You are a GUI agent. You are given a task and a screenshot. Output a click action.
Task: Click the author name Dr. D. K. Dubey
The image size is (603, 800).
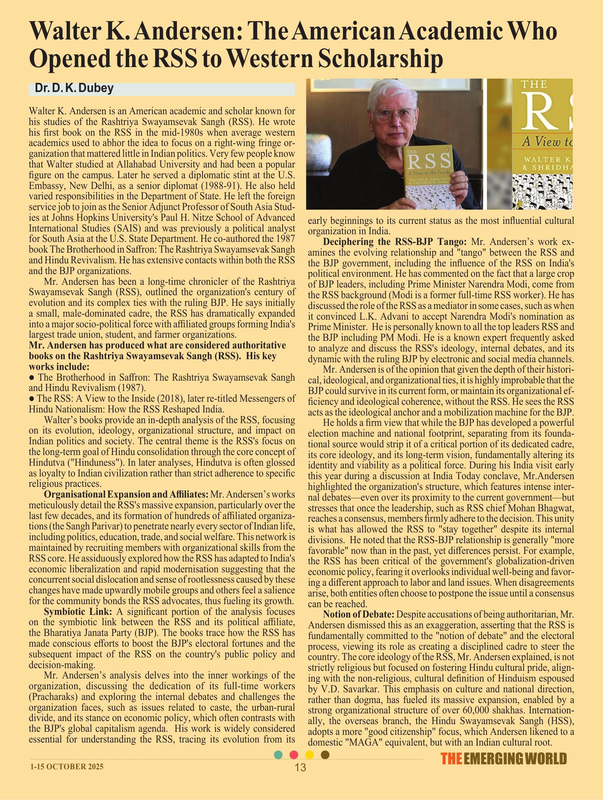point(74,89)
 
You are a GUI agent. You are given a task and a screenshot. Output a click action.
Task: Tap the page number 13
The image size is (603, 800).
point(301,767)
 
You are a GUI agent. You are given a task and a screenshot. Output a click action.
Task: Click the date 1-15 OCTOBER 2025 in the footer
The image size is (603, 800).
point(67,767)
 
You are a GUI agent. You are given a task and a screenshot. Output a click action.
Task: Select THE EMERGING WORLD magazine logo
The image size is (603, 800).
point(503,759)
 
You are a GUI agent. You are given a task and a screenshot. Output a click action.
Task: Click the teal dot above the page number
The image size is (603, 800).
point(279,755)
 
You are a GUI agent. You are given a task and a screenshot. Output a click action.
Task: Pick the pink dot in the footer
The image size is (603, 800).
point(294,755)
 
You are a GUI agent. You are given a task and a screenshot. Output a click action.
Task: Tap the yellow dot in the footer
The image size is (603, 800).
point(309,755)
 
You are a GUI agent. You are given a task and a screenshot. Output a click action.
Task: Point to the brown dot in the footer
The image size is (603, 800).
point(325,755)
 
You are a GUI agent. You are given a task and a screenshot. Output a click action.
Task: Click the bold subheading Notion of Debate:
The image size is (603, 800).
point(358,614)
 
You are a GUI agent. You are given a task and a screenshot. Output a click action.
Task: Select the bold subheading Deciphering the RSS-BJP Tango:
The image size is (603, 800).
point(395,242)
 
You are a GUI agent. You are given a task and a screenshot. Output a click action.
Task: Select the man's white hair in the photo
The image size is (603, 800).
point(391,92)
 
